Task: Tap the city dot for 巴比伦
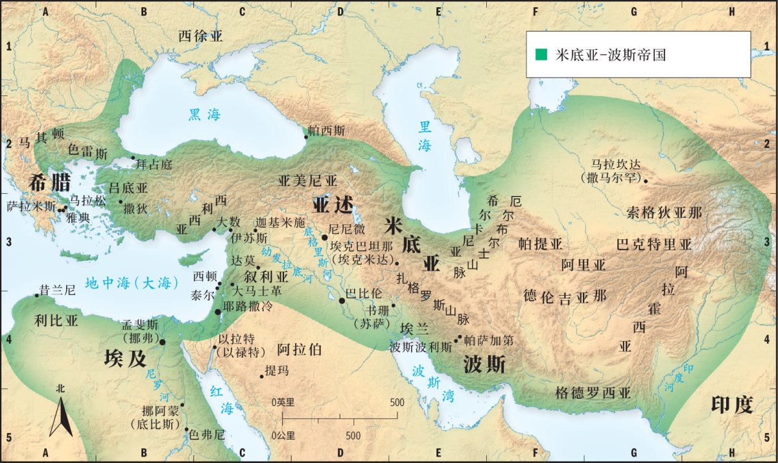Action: coord(342,300)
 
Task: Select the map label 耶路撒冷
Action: coord(247,306)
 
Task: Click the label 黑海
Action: coord(204,115)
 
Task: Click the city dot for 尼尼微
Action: coord(325,237)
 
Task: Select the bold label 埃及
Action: coord(125,358)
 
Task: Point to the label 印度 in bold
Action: coord(732,405)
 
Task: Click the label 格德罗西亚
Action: coord(593,393)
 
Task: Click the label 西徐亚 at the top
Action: coord(200,36)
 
